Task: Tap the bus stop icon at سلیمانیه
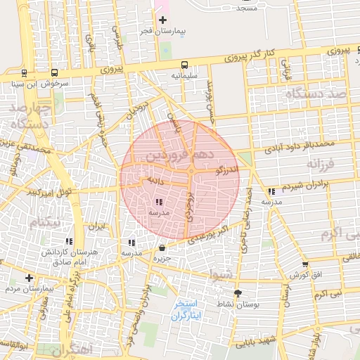(x=184, y=64)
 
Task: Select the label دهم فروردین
(x=172, y=154)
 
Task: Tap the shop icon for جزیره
(x=163, y=247)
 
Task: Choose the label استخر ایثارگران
(x=187, y=310)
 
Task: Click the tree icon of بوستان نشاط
(x=237, y=293)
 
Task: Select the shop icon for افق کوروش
(x=304, y=264)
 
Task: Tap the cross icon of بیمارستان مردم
(x=29, y=278)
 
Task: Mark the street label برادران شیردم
(x=305, y=186)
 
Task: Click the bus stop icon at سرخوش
(x=55, y=72)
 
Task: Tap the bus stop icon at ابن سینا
(x=25, y=72)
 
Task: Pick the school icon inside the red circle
(x=158, y=202)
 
